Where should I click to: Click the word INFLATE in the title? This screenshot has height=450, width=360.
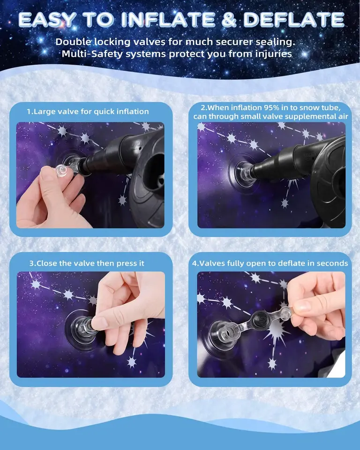pos(168,20)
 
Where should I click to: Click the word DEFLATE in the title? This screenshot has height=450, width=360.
pos(294,20)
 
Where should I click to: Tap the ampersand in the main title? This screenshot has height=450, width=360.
pos(229,20)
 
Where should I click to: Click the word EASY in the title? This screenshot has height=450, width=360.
pos(48,20)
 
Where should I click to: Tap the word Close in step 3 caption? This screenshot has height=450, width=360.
pos(47,263)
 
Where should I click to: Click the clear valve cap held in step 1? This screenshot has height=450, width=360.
pos(64,171)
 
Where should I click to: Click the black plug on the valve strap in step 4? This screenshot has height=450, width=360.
pos(260,319)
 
